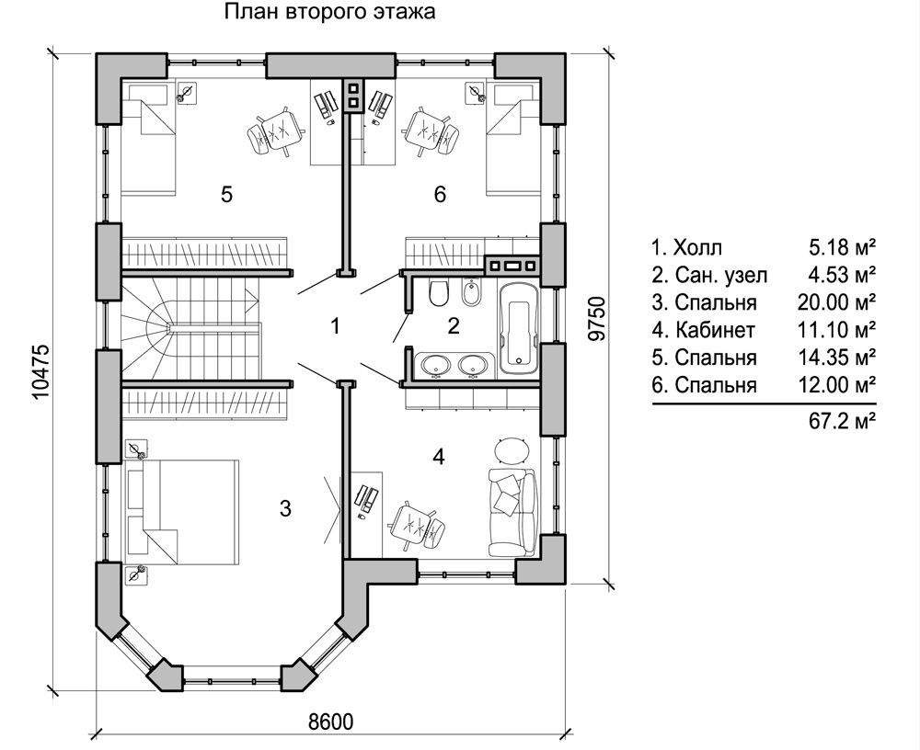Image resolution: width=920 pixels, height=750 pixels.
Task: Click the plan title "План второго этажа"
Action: click(328, 14)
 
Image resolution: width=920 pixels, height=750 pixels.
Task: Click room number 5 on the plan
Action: click(226, 194)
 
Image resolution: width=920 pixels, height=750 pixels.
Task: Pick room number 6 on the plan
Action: click(440, 194)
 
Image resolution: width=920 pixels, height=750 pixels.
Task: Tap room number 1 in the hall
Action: click(336, 325)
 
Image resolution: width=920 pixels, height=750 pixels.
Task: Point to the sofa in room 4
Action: click(510, 509)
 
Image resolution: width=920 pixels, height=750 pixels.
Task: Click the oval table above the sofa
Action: click(512, 450)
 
